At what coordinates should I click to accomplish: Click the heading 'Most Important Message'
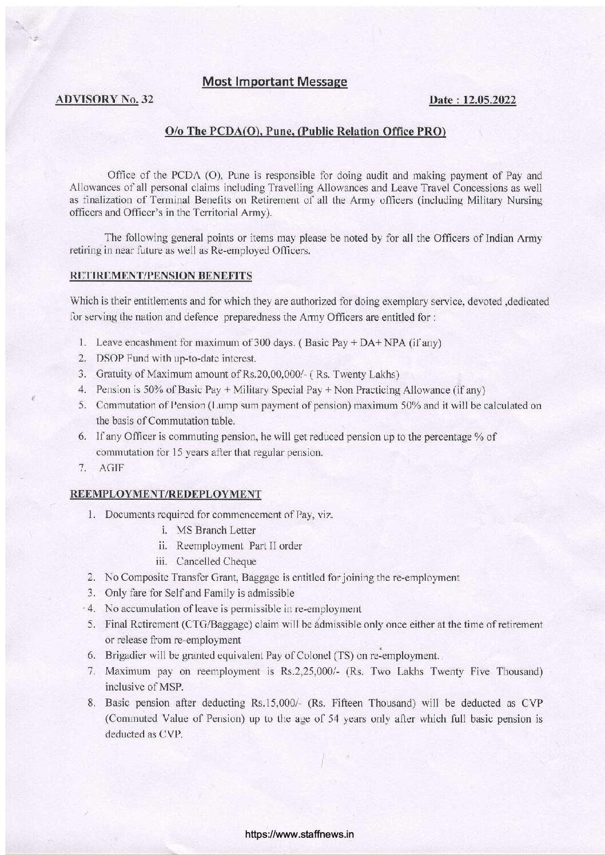tap(275, 82)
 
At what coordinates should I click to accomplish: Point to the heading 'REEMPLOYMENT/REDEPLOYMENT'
tap(165, 493)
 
